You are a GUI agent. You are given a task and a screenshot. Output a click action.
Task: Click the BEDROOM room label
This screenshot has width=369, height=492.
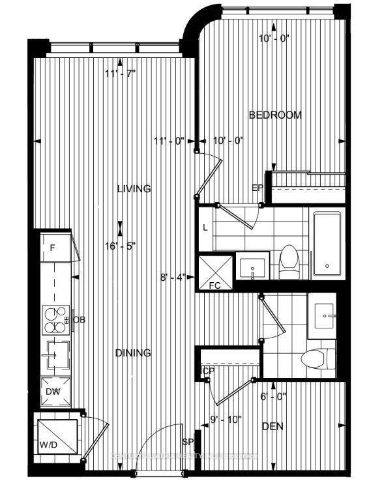[x=276, y=115]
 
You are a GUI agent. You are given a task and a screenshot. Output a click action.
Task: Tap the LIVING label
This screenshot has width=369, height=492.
[x=134, y=189]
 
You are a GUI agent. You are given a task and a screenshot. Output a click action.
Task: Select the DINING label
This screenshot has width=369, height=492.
[x=133, y=353]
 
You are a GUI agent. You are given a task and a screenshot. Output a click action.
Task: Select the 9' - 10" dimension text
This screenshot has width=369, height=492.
[x=226, y=419]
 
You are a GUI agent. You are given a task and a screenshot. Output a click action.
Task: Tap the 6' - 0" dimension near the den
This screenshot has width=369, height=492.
[x=273, y=396]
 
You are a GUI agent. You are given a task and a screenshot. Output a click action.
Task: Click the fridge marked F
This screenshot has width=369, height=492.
[x=55, y=247]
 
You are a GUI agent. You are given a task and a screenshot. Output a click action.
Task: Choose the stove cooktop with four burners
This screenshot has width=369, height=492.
[x=55, y=319]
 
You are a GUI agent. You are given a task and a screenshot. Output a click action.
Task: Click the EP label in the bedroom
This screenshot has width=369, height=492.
[x=257, y=188]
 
